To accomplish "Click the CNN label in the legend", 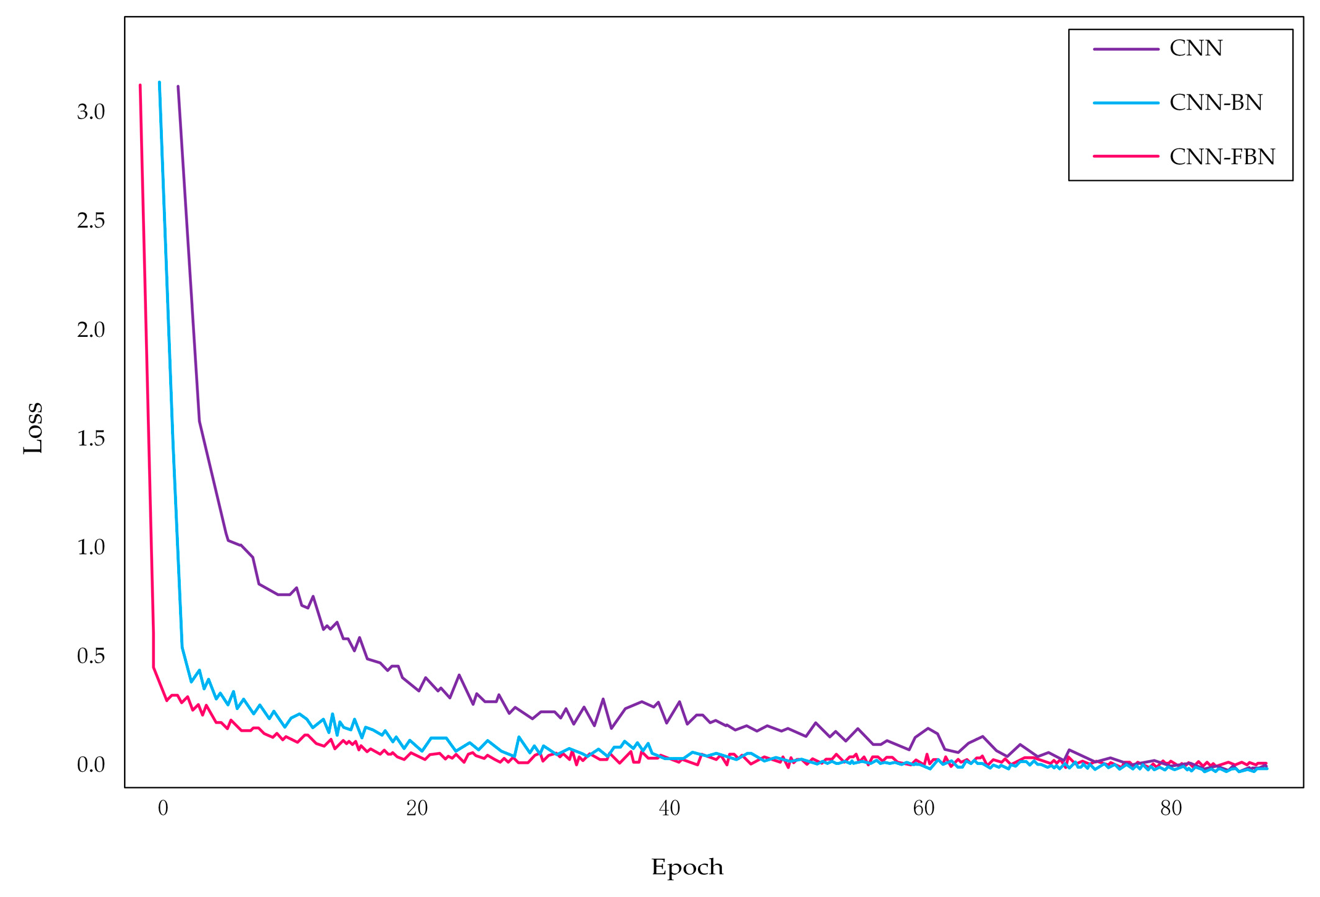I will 1195,48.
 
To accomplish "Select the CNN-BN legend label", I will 1216,102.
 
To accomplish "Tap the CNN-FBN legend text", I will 1222,157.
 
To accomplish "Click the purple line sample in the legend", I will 1126,49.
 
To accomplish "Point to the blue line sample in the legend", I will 1126,102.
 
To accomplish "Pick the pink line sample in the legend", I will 1126,156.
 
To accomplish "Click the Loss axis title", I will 33,428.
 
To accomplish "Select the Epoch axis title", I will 687,867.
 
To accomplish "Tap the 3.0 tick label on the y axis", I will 91,112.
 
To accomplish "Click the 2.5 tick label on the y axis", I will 91,221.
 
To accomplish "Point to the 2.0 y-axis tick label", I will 91,329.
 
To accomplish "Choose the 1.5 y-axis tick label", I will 91,439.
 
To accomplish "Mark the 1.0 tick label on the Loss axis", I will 91,547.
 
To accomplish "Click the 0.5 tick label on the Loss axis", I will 91,656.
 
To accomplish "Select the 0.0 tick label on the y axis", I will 91,765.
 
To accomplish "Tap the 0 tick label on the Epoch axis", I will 163,808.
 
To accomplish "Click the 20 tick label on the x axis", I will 417,808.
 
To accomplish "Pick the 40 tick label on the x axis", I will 670,808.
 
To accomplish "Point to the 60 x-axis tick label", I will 923,808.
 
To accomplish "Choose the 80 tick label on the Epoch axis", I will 1171,808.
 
